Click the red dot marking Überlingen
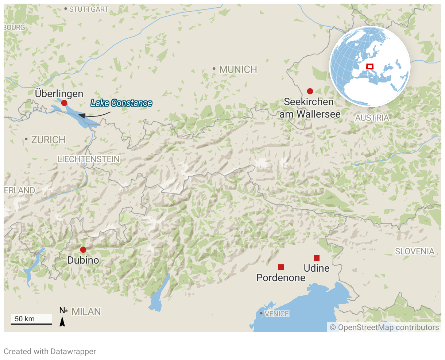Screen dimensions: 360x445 point(64,103)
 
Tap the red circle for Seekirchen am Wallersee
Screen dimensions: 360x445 point(310,91)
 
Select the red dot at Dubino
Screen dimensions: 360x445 point(83,250)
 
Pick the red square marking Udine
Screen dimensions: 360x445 point(317,258)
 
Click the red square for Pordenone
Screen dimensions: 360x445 point(281,267)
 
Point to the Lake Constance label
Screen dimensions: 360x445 point(121,103)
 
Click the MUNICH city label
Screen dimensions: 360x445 point(238,69)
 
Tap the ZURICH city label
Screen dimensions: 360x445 point(48,140)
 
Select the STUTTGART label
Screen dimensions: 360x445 point(89,9)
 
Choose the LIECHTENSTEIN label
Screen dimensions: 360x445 point(89,159)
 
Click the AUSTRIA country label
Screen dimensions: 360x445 point(372,118)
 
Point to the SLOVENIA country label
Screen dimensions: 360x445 point(415,251)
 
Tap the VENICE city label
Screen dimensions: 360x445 point(277,314)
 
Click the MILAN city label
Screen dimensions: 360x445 point(86,312)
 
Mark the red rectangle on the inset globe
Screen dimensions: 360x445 point(369,66)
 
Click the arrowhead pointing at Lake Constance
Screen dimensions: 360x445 point(82,116)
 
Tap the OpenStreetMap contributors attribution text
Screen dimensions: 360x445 point(384,328)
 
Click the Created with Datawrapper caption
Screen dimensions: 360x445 point(50,352)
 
